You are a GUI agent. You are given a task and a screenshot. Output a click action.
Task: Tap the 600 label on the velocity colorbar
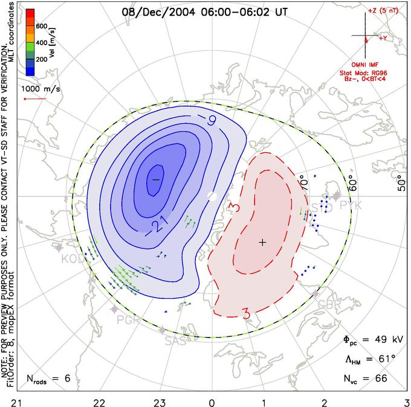[x=41, y=26]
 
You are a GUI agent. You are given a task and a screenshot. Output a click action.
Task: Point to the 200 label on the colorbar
[x=41, y=60]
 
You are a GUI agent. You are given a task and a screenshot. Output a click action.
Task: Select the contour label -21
[x=159, y=225]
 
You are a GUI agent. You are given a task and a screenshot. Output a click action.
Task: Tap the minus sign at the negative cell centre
[x=155, y=179]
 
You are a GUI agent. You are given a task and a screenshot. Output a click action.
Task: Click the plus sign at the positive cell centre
[x=262, y=242]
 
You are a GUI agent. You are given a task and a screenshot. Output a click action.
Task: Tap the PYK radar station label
[x=351, y=206]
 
